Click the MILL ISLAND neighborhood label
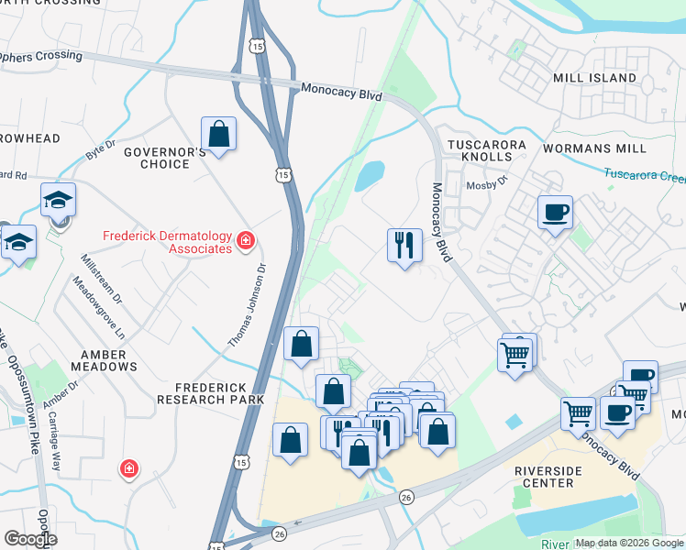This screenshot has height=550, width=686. (594, 78)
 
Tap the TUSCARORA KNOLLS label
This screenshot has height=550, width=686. (486, 152)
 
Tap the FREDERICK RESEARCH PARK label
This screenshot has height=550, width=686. (210, 392)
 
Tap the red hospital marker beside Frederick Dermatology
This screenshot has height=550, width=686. (246, 241)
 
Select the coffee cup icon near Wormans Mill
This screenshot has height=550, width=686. (555, 213)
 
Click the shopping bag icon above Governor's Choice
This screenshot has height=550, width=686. (219, 134)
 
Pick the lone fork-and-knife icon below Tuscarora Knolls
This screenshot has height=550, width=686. (404, 245)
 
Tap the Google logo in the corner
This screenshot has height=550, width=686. (30, 539)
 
